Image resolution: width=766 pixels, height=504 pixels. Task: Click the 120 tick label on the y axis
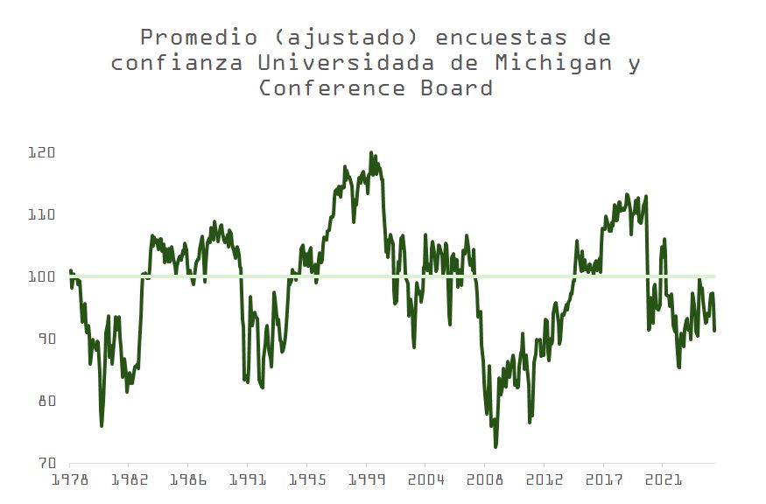coord(43,152)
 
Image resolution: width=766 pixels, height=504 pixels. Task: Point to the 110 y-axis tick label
coord(43,214)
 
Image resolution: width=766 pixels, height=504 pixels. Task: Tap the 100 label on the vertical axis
coord(43,276)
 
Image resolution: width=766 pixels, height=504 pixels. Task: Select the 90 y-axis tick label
coord(44,339)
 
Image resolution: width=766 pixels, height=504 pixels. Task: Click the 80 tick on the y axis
coord(44,401)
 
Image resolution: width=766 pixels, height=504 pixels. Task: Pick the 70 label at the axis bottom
coord(44,463)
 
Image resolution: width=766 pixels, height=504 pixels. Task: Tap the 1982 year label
coord(128,479)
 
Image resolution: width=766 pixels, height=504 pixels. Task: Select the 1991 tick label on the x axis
coord(247,479)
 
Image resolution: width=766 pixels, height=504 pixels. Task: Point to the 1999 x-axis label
coord(366,479)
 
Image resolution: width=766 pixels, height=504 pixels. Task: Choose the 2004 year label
coord(425,479)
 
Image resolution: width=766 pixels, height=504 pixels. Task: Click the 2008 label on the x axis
coord(484,479)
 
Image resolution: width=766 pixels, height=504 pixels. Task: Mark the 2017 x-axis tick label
coord(603,479)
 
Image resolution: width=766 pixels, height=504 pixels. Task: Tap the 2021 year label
coord(663,479)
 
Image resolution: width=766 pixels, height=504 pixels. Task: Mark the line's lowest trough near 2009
coord(495,447)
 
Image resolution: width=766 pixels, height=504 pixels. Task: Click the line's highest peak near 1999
coord(370,152)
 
